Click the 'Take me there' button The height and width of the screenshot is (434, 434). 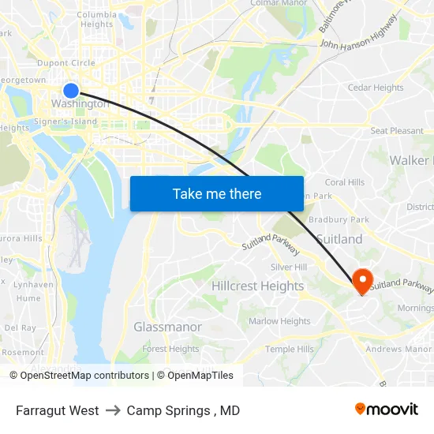point(217,193)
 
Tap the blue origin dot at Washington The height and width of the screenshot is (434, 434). point(71,91)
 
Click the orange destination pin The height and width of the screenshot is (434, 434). point(363,280)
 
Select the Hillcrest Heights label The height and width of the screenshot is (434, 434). point(257,286)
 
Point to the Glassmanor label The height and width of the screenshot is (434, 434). point(167,327)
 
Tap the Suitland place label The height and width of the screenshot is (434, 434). point(339,239)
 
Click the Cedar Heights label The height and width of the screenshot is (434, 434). point(376,88)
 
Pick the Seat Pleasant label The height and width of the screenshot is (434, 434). point(397,131)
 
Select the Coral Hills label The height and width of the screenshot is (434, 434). point(345,182)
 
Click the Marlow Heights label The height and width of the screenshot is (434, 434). point(279,321)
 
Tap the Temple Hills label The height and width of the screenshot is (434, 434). point(289,350)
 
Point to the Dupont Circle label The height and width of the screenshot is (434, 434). point(68,63)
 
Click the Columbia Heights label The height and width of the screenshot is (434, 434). point(96,19)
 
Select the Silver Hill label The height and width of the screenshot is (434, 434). point(288,268)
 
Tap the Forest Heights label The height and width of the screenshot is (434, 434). point(170,349)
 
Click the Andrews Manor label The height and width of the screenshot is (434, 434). point(398,349)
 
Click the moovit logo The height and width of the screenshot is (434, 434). point(387,410)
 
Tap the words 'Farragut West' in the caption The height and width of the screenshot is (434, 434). point(57,410)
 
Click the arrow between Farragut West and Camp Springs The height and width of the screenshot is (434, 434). point(113,410)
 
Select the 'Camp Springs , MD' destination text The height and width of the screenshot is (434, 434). point(183,410)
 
